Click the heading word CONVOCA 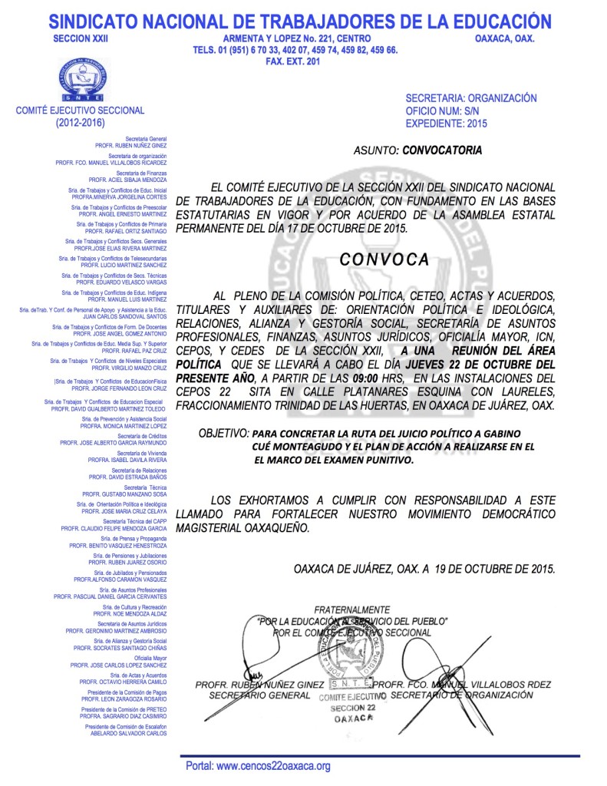pyautogui.click(x=384, y=259)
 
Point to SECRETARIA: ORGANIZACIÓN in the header pyautogui.click(x=470, y=98)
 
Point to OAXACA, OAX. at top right pyautogui.click(x=504, y=38)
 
